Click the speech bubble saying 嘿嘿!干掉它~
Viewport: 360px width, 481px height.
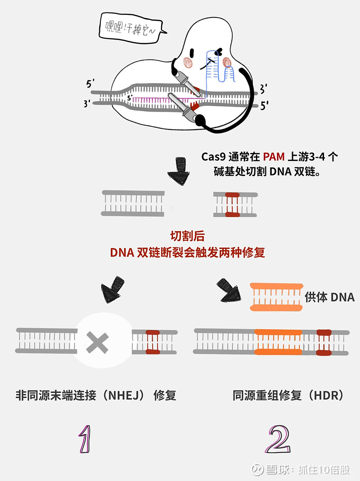tap(130, 27)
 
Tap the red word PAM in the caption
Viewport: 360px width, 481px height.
tap(274, 157)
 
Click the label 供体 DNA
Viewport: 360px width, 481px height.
tap(329, 297)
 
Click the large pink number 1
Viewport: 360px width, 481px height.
tap(86, 439)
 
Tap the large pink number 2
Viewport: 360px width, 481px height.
tap(277, 439)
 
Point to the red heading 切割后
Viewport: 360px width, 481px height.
tap(188, 236)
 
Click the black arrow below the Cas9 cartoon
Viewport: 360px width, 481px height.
tap(179, 171)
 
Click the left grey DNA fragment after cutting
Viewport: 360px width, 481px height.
tap(133, 204)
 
